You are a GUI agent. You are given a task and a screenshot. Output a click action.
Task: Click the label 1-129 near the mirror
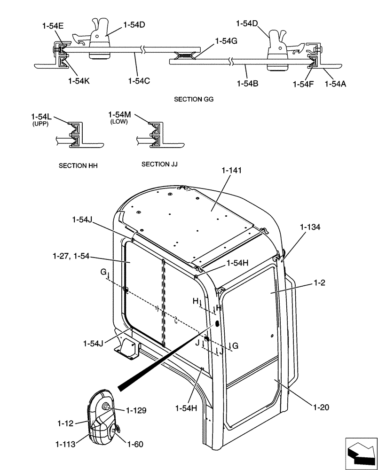[136, 410]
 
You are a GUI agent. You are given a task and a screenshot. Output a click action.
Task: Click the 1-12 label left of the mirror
[65, 424]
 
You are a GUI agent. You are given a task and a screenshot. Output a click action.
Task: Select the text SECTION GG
[194, 100]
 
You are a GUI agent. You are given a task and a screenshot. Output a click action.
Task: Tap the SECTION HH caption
[78, 166]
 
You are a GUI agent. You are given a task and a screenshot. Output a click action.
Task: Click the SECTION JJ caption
[159, 164]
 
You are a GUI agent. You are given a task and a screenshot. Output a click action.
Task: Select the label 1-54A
[336, 84]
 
